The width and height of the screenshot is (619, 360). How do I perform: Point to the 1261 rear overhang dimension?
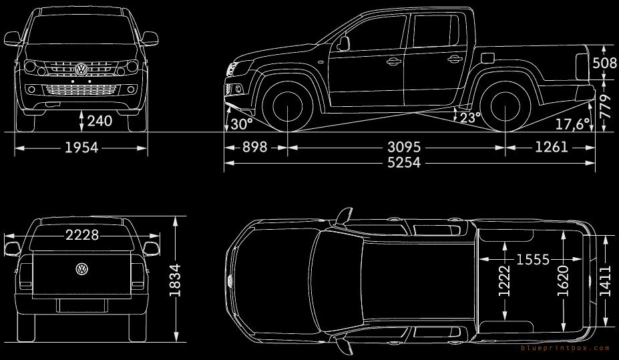[551, 146]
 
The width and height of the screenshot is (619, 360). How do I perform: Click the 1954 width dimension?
[81, 148]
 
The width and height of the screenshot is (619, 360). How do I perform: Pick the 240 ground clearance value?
[99, 121]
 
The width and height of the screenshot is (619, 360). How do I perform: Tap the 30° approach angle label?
[241, 124]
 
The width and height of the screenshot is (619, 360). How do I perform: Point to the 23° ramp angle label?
[470, 118]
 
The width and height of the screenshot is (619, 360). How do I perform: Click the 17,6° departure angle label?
[572, 124]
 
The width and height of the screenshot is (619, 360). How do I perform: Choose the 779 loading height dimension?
[606, 105]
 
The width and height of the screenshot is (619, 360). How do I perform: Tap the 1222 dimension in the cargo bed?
[504, 280]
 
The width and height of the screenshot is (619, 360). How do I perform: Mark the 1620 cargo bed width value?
[562, 280]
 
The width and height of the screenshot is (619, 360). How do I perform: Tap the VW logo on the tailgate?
[81, 268]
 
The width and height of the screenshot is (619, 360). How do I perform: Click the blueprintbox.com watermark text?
[564, 348]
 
